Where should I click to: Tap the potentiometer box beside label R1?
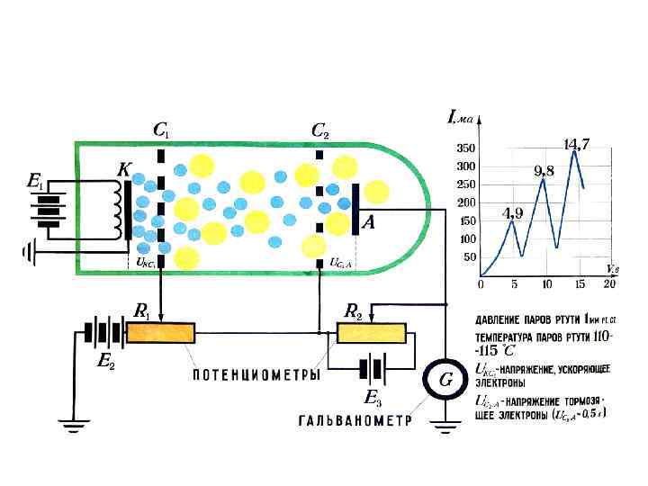click(160, 333)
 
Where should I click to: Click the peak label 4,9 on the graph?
click(511, 213)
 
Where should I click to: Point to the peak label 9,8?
click(544, 170)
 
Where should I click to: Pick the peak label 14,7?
click(576, 144)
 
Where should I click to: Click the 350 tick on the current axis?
click(465, 147)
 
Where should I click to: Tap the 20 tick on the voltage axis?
click(608, 284)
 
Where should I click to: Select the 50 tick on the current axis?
click(469, 257)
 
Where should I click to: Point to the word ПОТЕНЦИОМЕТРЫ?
click(256, 374)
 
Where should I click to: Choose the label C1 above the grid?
click(160, 131)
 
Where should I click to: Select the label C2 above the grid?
click(319, 131)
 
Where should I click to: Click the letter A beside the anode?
click(368, 223)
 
